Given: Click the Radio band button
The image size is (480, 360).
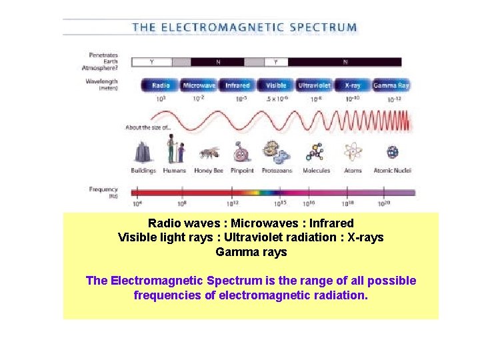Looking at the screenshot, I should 161,85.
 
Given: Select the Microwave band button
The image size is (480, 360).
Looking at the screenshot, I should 199,85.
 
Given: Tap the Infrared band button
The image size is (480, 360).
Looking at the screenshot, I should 237,85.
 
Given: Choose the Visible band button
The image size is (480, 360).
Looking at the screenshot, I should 276,85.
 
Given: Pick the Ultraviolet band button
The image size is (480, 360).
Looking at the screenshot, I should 314,85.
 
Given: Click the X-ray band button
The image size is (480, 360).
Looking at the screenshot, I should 353,85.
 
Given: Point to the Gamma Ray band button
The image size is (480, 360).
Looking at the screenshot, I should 391,85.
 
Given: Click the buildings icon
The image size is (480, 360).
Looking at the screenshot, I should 143,153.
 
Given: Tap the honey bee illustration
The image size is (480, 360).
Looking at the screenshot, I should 209,153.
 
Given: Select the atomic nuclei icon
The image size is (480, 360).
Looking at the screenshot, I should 393,153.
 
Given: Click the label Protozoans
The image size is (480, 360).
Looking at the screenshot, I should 277,171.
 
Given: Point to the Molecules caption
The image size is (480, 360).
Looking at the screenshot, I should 316,171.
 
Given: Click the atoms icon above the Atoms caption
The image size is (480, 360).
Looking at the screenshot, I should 353,153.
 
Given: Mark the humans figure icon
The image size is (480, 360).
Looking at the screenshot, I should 175,149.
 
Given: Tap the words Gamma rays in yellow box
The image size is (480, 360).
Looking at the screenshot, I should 251,252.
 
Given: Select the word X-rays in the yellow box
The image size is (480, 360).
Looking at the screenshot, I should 364,237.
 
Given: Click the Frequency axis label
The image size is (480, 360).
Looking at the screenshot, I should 103,189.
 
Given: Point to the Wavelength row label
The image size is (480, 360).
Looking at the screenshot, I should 102,81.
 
